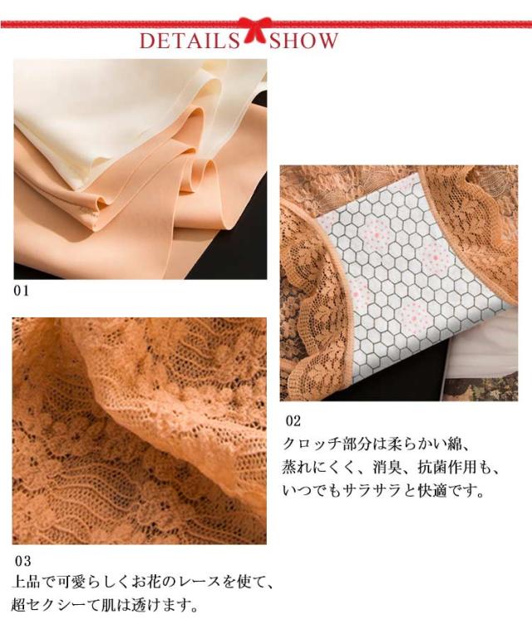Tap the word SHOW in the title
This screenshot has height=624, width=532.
(303, 41)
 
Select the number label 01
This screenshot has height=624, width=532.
(21, 291)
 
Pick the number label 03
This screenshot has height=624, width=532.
(22, 561)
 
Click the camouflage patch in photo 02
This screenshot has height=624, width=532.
(480, 388)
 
